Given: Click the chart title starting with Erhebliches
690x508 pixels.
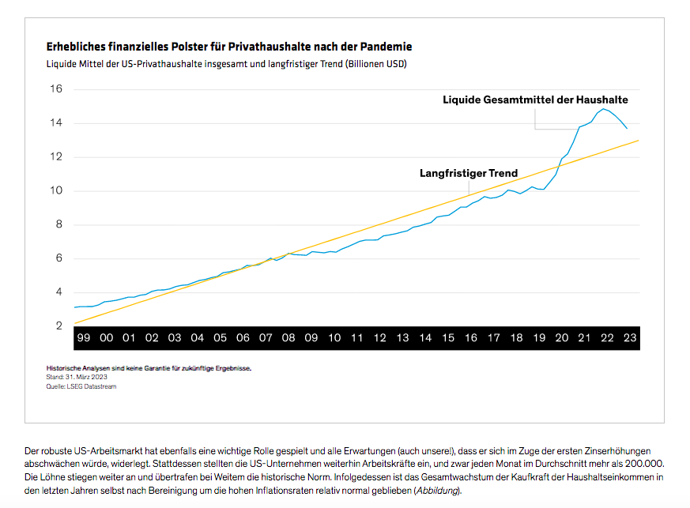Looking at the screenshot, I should pos(229,47).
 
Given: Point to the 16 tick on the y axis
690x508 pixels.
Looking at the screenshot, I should pos(56,88).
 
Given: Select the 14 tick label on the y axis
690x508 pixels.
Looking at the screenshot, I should pos(56,122).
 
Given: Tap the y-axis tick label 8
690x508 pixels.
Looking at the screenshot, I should pos(57,224).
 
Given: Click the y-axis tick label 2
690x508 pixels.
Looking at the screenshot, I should pos(57,325).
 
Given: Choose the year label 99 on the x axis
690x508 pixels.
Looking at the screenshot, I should pos(84,338).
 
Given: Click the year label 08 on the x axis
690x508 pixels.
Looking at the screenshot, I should pos(288,338).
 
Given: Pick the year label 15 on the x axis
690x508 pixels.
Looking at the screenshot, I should pos(448,338).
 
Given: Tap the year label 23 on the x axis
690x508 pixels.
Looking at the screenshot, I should pos(630,338).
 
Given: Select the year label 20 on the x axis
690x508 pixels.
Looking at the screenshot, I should pos(562,338).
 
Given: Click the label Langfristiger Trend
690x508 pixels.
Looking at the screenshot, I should pos(469,173).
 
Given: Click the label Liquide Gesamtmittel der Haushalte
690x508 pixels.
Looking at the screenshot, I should pos(535,100).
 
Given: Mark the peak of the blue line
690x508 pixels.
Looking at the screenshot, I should pos(605,109).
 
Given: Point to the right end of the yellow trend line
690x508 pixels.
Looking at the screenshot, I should pos(639,141).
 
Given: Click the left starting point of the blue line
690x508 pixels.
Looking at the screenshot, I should pos(74,307).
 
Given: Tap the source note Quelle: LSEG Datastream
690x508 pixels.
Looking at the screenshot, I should pos(81,386).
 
